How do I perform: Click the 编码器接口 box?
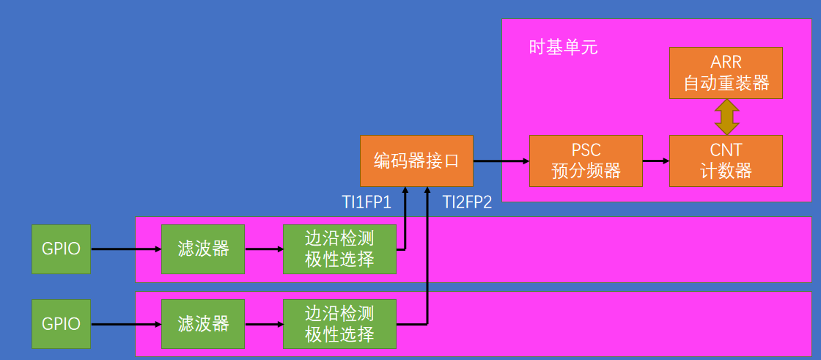coord(416,161)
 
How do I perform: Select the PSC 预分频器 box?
coord(586,161)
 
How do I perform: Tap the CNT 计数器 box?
coord(726,161)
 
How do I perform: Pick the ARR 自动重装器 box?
coord(726,73)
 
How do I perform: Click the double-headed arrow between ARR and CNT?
coord(726,117)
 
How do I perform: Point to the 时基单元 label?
coord(563,48)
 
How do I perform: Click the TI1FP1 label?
coord(367,202)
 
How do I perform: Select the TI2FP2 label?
coord(467,202)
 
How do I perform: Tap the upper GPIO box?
coord(61,249)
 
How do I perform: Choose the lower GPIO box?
coord(61,323)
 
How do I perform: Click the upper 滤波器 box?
coord(204,249)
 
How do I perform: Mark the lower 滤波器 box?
coord(204,323)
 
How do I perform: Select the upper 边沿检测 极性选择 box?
coord(339,249)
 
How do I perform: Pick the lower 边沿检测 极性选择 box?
coord(339,323)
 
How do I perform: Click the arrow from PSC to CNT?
coord(656,161)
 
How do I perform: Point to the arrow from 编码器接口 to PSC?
coord(501,161)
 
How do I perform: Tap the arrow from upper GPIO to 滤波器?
coord(125,249)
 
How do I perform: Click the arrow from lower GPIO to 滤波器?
coord(125,323)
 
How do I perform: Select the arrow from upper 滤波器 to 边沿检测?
coord(265,249)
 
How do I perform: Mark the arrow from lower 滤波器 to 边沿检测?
coord(265,323)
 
